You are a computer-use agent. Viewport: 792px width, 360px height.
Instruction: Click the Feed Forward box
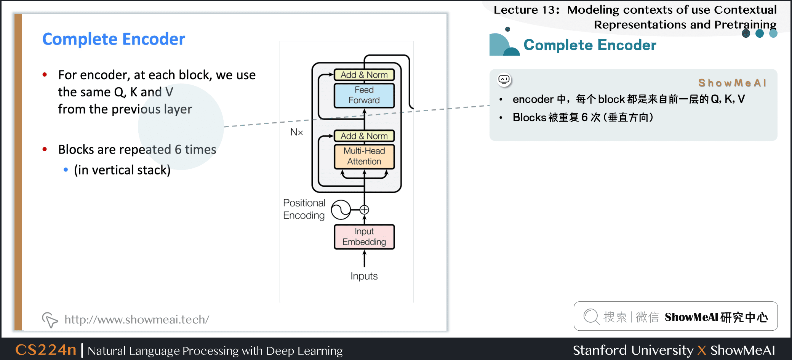364,95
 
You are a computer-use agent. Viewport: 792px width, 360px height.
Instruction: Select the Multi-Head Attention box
364,156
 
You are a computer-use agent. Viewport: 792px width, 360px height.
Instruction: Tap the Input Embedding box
364,237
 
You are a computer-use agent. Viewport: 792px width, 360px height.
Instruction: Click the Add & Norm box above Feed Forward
364,75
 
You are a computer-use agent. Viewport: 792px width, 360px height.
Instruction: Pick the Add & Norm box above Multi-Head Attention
364,136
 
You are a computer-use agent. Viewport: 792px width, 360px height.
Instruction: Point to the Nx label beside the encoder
296,132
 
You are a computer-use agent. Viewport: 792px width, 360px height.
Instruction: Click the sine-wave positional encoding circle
341,210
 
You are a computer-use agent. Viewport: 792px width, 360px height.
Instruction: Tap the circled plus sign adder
364,210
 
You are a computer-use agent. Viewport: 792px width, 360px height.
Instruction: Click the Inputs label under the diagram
364,276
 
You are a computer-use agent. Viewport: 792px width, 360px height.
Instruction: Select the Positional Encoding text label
304,209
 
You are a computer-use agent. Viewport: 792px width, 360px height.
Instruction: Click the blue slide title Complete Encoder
114,39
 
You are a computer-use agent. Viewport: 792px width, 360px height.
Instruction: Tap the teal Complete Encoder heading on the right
590,45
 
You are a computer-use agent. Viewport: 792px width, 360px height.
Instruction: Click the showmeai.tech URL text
137,319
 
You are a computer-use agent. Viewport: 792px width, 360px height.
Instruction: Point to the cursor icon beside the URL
50,320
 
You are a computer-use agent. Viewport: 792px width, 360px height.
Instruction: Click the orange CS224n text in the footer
46,349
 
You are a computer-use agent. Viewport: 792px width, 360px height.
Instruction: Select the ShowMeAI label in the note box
732,83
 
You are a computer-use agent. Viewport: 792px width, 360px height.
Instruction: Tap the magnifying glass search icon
591,317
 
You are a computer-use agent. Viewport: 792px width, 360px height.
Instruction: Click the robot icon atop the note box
504,80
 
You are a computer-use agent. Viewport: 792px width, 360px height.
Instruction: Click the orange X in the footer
702,350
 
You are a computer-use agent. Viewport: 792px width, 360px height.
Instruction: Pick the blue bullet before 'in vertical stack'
66,170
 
